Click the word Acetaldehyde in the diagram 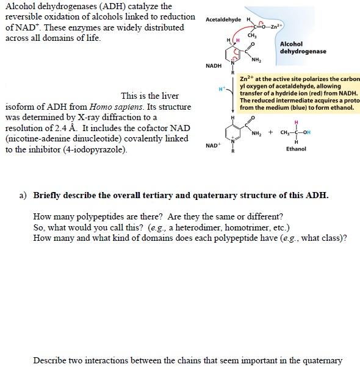223,20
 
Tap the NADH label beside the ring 214,65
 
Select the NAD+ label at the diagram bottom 213,146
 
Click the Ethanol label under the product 296,149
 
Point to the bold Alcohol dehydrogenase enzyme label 303,48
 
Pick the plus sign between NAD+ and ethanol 270,132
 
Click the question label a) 23,196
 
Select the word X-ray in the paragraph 92,117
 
